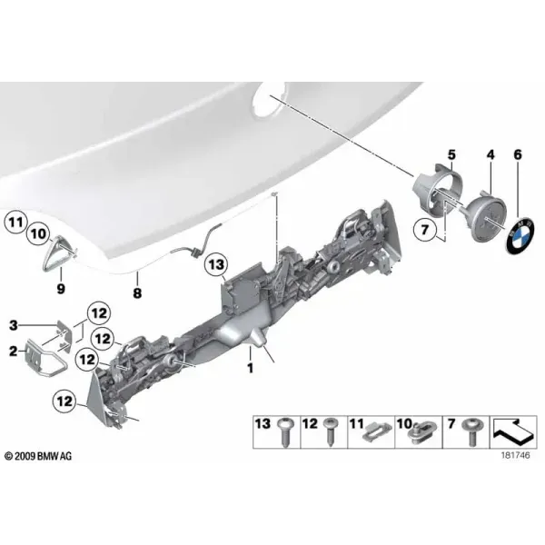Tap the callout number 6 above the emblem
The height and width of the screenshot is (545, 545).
(518, 154)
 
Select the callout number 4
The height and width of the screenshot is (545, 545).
(490, 154)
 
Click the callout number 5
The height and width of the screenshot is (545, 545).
(451, 154)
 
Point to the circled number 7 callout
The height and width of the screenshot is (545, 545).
(424, 230)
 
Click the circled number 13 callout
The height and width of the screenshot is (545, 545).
(217, 265)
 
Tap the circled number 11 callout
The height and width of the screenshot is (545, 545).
(15, 222)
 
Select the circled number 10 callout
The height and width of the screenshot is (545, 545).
(38, 234)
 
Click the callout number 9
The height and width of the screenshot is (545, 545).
(61, 288)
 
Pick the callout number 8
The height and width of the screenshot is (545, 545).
(138, 292)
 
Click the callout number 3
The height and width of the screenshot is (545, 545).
(14, 326)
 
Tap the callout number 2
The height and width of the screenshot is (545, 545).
(14, 352)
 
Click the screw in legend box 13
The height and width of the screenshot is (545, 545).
(286, 432)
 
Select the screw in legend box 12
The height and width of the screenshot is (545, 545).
(330, 431)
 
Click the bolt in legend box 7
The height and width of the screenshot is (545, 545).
(471, 432)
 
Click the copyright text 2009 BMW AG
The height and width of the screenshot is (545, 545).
(38, 456)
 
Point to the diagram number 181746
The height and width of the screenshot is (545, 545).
(515, 455)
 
